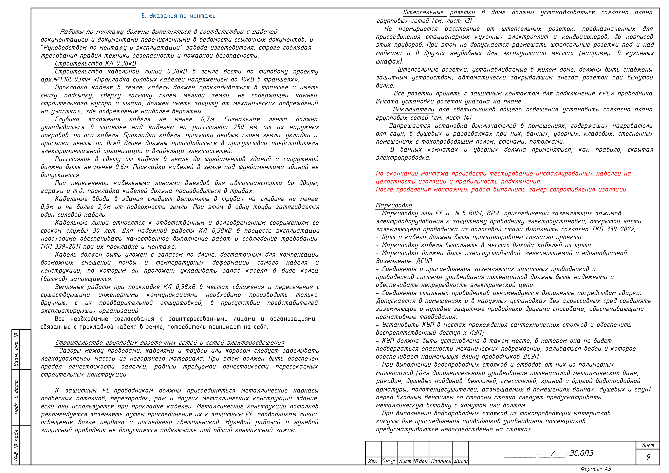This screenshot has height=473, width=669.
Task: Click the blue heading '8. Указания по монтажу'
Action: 178,16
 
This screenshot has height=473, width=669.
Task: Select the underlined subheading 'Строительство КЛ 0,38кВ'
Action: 95,63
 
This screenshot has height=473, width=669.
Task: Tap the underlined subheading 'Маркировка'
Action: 394,205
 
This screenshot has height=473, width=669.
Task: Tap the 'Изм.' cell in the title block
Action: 373,461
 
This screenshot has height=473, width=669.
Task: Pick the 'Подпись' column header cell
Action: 441,461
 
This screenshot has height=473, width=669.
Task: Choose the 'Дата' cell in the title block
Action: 461,461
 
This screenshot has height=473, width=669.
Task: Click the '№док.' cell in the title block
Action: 421,461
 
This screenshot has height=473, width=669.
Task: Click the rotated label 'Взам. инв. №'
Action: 16,349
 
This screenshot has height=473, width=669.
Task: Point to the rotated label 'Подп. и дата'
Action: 16,397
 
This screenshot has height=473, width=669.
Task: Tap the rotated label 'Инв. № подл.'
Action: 16,445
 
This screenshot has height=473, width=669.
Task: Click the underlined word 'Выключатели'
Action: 413,110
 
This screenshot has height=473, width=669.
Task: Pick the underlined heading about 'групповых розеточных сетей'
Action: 170,343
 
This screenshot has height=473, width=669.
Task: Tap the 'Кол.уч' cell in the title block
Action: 389,461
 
